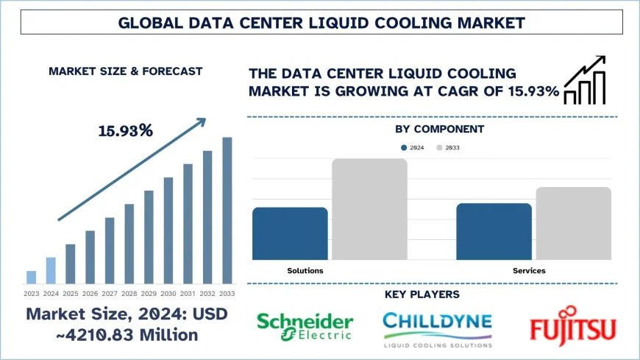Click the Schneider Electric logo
pyautogui.click(x=305, y=327)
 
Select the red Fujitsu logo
pyautogui.click(x=573, y=328)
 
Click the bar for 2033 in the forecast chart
pyautogui.click(x=227, y=211)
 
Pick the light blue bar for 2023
pyautogui.click(x=31, y=277)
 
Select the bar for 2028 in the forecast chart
pyautogui.click(x=129, y=244)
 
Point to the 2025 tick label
pyautogui.click(x=71, y=293)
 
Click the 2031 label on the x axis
pyautogui.click(x=188, y=293)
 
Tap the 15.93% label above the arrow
pyautogui.click(x=125, y=131)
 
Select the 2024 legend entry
pyautogui.click(x=412, y=148)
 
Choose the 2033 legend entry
pyautogui.click(x=448, y=148)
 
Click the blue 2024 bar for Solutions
pyautogui.click(x=290, y=233)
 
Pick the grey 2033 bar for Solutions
pyautogui.click(x=369, y=209)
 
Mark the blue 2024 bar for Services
pyautogui.click(x=494, y=231)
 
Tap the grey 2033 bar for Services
pyautogui.click(x=573, y=223)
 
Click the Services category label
pyautogui.click(x=529, y=271)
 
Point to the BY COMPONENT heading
pyautogui.click(x=439, y=129)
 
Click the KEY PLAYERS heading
pyautogui.click(x=422, y=294)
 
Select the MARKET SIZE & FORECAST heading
pyautogui.click(x=125, y=71)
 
